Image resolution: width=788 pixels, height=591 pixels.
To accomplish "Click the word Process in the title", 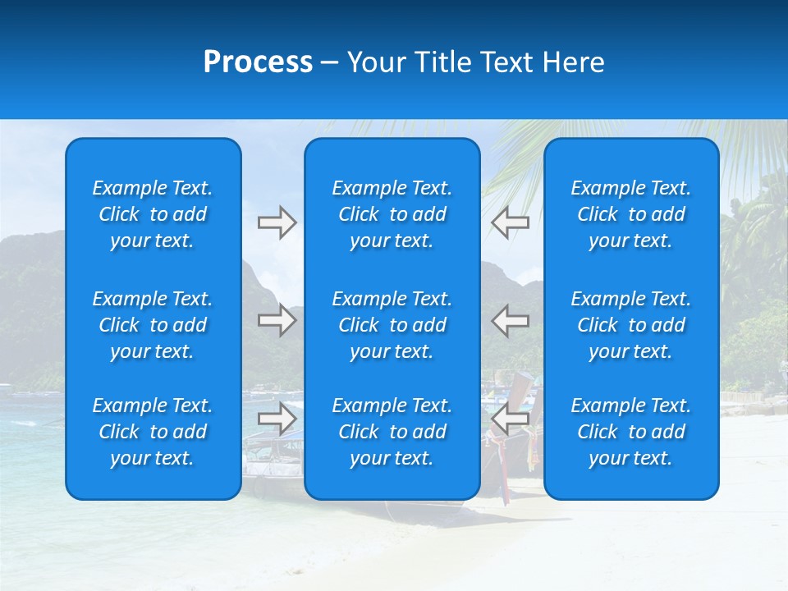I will coord(258,62).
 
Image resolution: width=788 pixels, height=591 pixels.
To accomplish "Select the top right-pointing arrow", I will coord(277,222).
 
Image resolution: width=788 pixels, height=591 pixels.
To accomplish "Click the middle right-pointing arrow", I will coord(277,320).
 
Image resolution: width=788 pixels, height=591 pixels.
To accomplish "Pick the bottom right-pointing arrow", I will coord(277,419).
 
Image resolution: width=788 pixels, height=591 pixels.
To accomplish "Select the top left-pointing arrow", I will coord(511,222).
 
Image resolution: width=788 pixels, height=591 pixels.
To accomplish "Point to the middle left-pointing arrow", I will coord(511,320).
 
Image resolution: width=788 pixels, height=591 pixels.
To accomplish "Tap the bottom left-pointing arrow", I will coord(511,419).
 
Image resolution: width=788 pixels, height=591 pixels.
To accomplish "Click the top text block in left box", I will coord(153,214).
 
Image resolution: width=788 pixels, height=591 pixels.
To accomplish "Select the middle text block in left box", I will coord(153,325).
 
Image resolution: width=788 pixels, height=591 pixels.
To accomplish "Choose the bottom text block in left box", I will coord(153,432).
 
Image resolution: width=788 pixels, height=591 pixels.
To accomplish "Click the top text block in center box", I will coord(392,214).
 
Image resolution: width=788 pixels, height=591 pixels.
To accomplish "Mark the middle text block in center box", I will coord(392,325).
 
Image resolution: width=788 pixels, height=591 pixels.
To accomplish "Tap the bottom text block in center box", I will coord(392,432).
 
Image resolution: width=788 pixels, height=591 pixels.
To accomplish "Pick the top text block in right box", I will coord(630,214).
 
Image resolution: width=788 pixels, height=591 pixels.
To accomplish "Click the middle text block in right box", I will coord(630,325).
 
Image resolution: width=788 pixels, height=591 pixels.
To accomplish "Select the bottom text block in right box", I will coord(630,432).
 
